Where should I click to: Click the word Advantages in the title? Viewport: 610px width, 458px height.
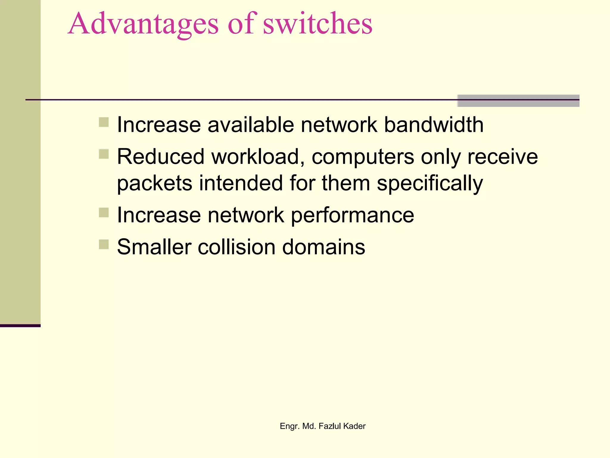(143, 24)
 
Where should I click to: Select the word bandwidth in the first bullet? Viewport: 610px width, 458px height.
(434, 125)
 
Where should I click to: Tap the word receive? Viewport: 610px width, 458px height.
(502, 157)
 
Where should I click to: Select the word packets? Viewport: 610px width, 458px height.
(155, 183)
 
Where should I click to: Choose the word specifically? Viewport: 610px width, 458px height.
(430, 183)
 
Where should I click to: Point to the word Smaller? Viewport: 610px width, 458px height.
(154, 247)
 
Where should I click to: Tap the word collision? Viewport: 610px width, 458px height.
(236, 247)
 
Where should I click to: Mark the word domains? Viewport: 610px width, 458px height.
(323, 247)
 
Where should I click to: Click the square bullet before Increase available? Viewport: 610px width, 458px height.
(104, 122)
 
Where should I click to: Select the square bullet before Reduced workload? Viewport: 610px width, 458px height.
(104, 154)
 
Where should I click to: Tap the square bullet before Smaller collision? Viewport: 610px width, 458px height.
(104, 244)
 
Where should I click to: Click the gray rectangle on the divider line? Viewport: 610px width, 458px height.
(518, 101)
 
